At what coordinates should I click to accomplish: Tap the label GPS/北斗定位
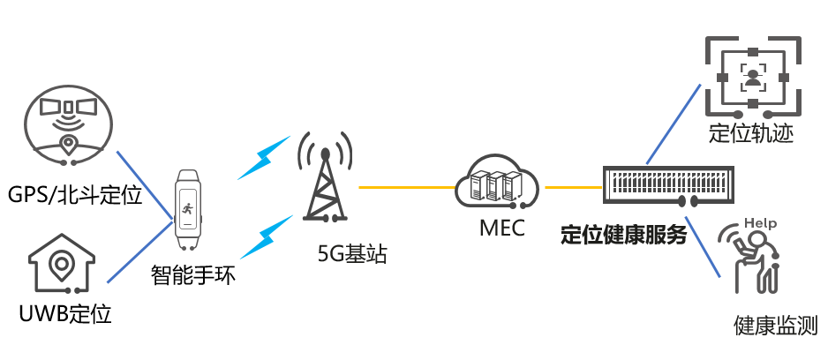point(74,195)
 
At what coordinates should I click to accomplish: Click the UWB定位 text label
point(65,313)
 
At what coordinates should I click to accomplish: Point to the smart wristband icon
point(187,210)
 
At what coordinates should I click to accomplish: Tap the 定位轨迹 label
point(751,134)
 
